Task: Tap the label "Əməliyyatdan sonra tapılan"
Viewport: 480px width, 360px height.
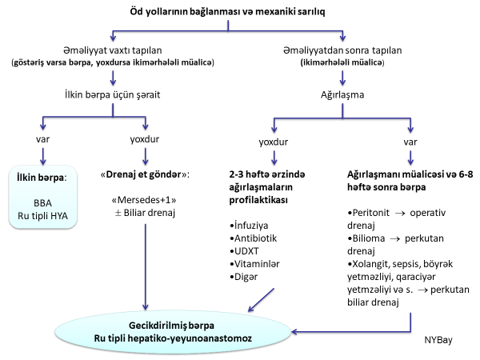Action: point(344,50)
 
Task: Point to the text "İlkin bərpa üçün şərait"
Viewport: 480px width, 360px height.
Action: point(113,94)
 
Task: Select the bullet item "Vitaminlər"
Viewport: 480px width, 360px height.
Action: point(255,263)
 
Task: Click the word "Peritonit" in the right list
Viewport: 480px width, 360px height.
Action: point(376,214)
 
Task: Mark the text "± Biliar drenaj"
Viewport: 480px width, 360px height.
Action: point(144,214)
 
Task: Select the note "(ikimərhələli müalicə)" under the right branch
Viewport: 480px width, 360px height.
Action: point(344,62)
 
